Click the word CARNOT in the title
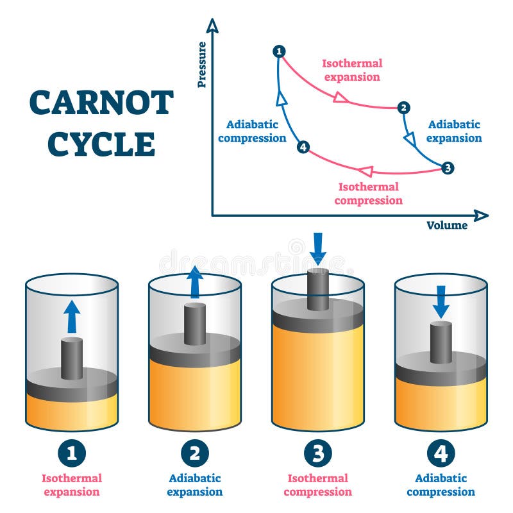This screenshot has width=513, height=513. coord(101,103)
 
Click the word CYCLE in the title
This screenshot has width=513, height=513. coord(101,144)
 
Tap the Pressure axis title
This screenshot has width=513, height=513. coord(202,64)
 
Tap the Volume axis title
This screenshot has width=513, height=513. coord(447,225)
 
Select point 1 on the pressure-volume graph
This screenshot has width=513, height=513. coord(278,51)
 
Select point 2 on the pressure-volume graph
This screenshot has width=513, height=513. coord(403,108)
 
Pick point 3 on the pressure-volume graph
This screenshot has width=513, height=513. coord(448,168)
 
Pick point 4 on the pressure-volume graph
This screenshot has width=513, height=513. coord(303,147)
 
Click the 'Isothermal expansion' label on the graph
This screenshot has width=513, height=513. coord(351,70)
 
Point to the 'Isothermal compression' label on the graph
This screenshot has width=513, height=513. coord(368,194)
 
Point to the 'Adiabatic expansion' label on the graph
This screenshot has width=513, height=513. coord(454,131)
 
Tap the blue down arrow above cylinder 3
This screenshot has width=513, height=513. coord(318,248)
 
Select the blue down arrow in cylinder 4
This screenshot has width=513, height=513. coord(441,302)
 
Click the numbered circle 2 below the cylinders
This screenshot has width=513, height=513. coord(195,453)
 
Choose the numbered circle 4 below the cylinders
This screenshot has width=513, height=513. coord(441,453)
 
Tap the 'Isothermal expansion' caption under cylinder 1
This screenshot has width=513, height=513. coord(72,485)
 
